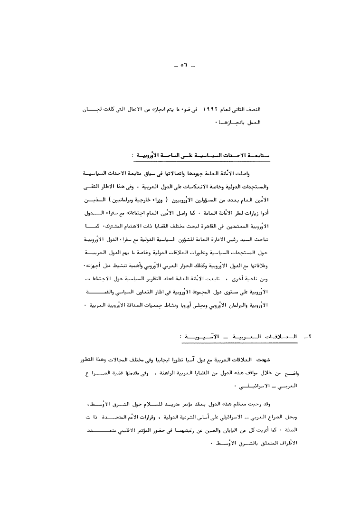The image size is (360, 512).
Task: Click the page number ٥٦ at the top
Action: [x=183, y=65]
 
